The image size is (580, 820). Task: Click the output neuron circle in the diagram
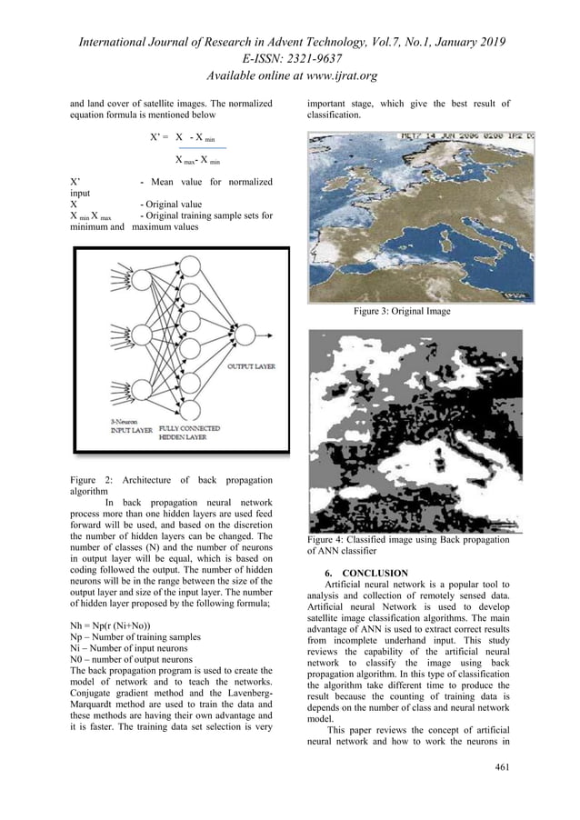point(245,335)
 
